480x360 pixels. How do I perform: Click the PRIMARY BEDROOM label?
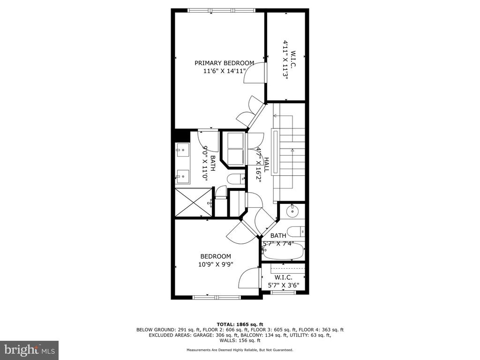point(225,63)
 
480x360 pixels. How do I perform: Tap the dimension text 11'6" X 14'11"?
point(225,71)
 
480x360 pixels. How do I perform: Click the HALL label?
point(266,165)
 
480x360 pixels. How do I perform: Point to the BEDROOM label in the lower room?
point(216,256)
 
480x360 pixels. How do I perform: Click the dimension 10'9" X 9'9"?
point(216,264)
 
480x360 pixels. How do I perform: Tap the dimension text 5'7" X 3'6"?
point(284,285)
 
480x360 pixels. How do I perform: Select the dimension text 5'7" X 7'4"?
point(278,244)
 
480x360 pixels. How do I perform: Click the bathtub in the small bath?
point(284,252)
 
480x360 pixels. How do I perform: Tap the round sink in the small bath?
point(292,210)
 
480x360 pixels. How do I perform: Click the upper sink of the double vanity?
point(182,150)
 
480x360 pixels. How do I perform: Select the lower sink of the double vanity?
point(182,177)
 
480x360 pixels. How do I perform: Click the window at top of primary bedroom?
point(221,10)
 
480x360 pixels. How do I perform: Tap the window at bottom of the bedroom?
point(217,297)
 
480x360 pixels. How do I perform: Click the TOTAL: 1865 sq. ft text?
point(240,324)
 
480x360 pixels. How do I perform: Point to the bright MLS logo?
point(30,349)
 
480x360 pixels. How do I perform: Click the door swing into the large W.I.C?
point(255,73)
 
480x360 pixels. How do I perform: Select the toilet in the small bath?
point(296,232)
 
